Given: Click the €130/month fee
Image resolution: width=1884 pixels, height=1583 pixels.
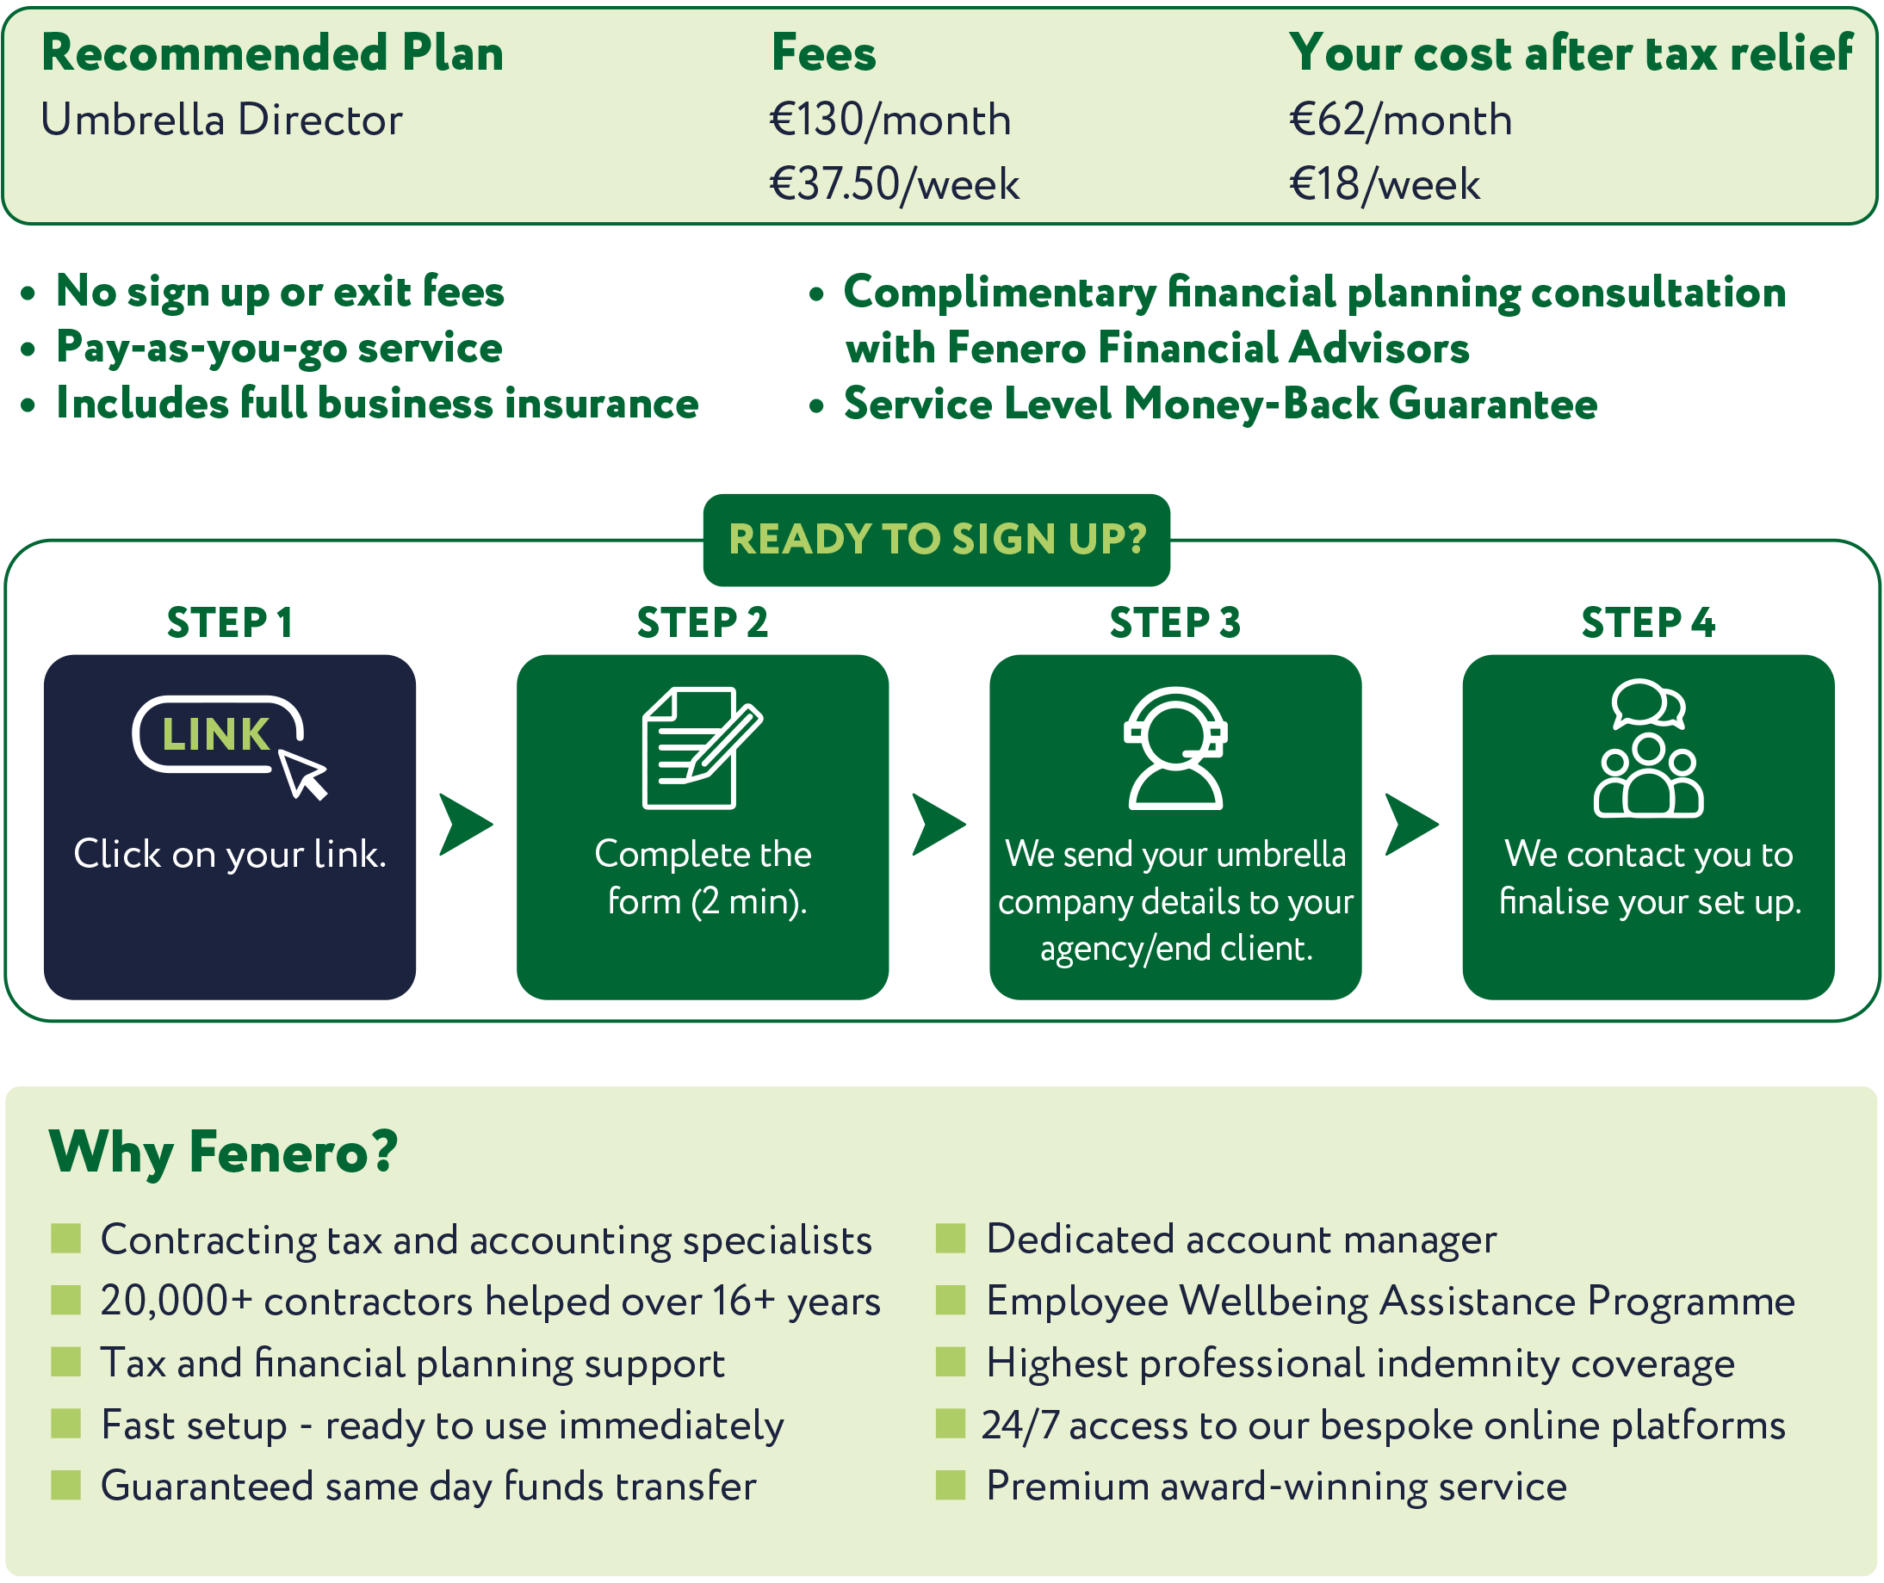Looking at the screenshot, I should (x=890, y=121).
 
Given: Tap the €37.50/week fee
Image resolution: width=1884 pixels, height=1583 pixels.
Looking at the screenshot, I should (x=894, y=184).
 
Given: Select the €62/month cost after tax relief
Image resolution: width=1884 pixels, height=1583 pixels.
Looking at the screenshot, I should (x=1400, y=121).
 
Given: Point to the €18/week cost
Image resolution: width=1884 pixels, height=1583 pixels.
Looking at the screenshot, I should (x=1384, y=184).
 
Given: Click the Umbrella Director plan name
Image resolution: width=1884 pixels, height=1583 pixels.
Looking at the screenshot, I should (x=221, y=121).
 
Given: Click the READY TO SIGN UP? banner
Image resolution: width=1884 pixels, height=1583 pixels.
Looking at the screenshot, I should (x=937, y=540).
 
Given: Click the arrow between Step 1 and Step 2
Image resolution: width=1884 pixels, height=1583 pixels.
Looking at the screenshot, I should (x=466, y=824).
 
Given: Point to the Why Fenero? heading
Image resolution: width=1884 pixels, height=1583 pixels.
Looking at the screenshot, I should (x=223, y=1153).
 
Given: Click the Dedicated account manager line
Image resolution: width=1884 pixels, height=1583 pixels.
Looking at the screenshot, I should (x=1242, y=1240).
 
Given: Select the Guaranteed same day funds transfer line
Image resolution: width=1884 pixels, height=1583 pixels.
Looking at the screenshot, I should (x=428, y=1487).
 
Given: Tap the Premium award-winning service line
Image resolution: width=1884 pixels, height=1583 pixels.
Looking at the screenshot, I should (x=1276, y=1487).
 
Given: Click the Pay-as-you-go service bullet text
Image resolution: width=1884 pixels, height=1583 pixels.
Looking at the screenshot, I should (x=278, y=348).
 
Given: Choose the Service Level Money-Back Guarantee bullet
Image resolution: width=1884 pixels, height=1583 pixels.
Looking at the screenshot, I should (x=1221, y=404).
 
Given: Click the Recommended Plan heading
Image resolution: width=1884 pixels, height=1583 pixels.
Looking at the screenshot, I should (x=272, y=53).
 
